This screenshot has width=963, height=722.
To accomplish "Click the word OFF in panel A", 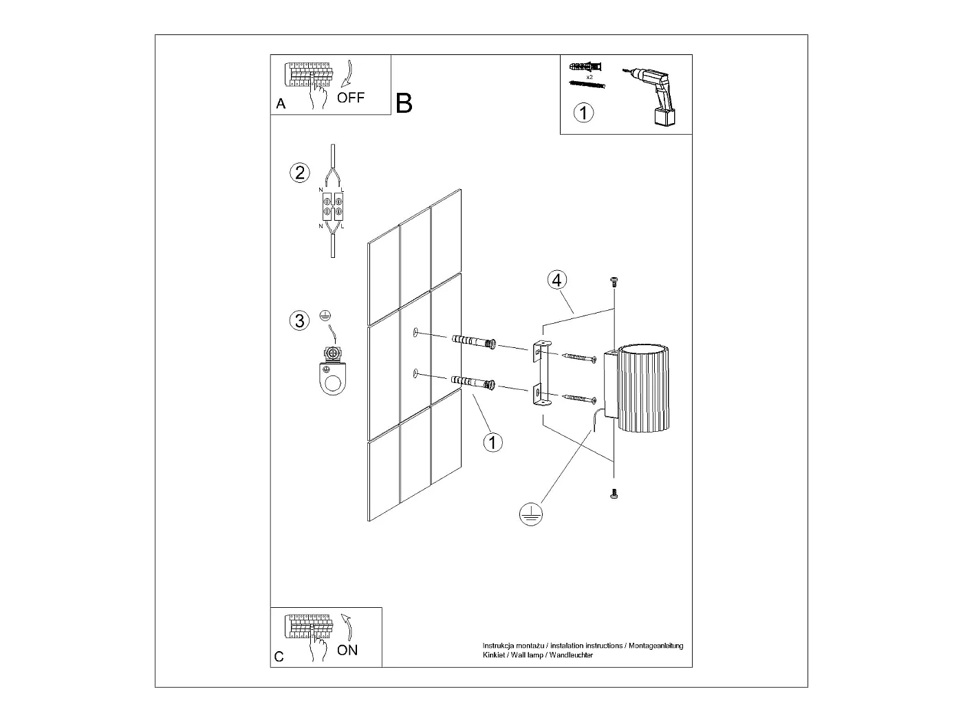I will (x=351, y=98).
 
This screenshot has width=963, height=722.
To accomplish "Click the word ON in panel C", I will (x=347, y=650).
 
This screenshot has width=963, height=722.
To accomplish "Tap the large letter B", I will (x=404, y=103).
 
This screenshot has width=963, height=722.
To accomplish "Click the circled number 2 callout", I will (x=299, y=172).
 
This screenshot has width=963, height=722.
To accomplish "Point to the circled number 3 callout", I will (x=299, y=320).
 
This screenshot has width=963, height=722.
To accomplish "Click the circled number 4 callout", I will (x=557, y=280).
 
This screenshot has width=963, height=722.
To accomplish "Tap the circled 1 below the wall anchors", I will (x=493, y=441).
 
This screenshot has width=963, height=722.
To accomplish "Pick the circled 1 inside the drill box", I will (x=583, y=112).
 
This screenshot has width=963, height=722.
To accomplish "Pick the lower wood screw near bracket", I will (x=579, y=398).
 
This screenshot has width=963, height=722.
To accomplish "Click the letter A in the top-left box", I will (x=281, y=105).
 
